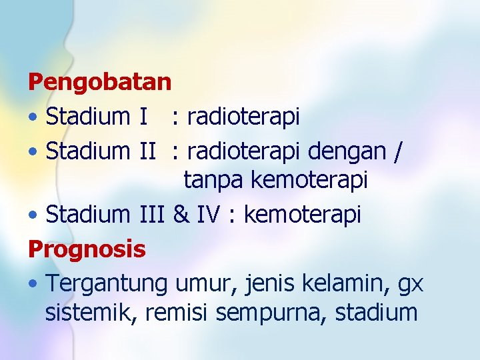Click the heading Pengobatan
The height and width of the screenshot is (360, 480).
(100, 83)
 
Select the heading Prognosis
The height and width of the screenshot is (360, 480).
(87, 249)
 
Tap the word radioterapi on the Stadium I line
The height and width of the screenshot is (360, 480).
(243, 117)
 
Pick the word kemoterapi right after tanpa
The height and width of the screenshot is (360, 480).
(309, 181)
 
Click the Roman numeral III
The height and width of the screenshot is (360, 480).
(153, 215)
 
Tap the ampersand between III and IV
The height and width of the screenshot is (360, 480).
(180, 215)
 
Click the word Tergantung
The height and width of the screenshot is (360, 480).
(107, 283)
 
